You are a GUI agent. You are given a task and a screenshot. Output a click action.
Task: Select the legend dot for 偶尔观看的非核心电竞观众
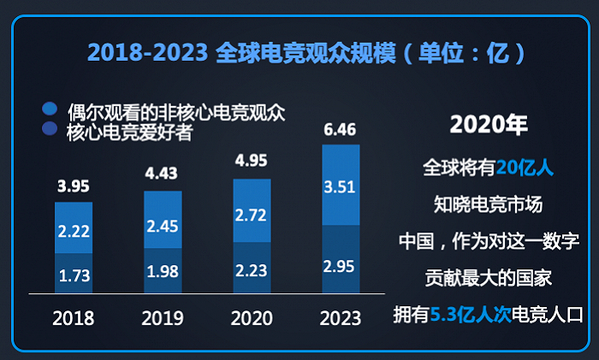coord(50,109)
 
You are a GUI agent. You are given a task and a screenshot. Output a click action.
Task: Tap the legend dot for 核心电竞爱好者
coord(50,130)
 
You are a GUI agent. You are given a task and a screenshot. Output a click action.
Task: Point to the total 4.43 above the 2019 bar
coord(163,174)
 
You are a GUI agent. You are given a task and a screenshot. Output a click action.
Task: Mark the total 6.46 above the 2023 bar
coord(341,130)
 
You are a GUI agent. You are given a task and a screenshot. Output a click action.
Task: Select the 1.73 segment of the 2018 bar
coord(74,274)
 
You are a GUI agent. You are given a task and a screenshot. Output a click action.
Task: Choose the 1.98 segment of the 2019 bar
coord(163,271)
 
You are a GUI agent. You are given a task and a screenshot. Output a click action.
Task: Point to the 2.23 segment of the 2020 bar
coord(252,268)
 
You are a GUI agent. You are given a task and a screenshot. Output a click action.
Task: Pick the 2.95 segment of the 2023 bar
coord(341,259)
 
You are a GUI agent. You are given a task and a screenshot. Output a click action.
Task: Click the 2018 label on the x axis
coord(74,318)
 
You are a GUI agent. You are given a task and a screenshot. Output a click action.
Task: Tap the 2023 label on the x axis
coord(341,318)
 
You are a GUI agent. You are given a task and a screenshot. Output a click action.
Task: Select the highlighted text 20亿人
coord(525,168)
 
